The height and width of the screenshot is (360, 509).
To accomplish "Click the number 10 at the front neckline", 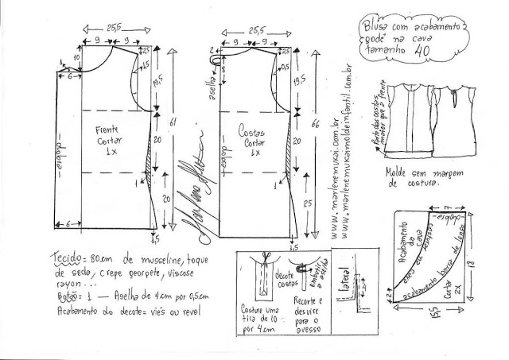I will (x=78, y=59).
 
